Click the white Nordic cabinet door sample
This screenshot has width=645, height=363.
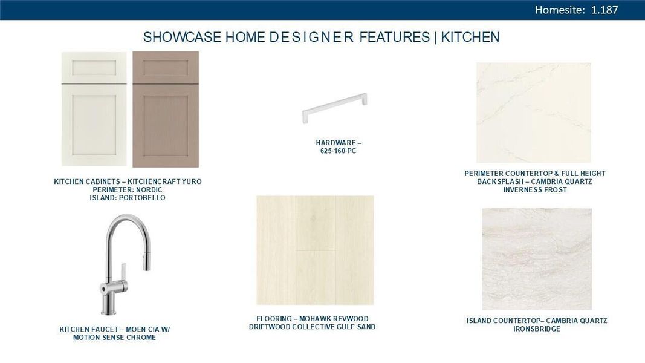pyautogui.click(x=94, y=109)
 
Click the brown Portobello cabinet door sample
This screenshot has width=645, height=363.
pyautogui.click(x=166, y=109)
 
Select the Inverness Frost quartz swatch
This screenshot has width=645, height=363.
pyautogui.click(x=533, y=113)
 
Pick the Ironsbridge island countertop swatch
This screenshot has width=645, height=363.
pyautogui.click(x=537, y=259)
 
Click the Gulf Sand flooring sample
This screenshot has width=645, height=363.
pyautogui.click(x=315, y=250)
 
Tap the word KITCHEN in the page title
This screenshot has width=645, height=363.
pyautogui.click(x=470, y=37)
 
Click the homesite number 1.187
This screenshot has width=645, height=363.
pyautogui.click(x=604, y=10)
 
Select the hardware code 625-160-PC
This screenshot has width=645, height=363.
pyautogui.click(x=338, y=151)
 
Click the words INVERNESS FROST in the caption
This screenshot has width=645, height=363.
pyautogui.click(x=535, y=190)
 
